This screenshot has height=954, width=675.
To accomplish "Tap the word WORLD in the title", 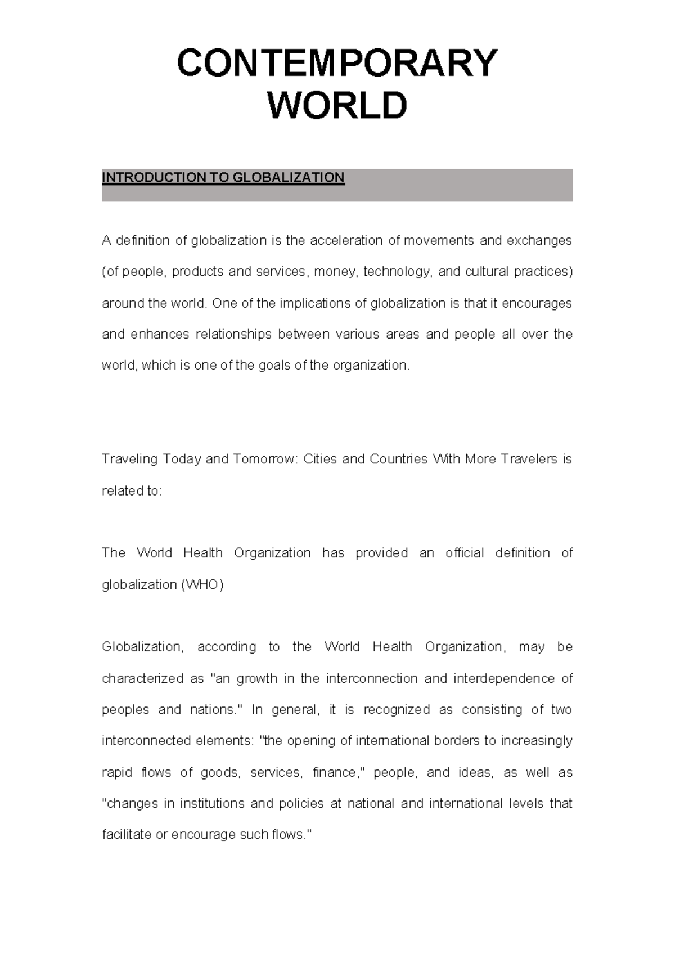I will click(x=337, y=106).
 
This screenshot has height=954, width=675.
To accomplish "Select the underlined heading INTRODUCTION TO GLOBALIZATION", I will click(x=223, y=178).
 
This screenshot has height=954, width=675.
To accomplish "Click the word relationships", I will click(x=233, y=335).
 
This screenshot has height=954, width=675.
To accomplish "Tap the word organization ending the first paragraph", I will click(x=371, y=366).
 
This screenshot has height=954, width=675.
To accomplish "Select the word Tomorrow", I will click(x=264, y=460).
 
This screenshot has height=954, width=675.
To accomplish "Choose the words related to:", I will click(x=132, y=491).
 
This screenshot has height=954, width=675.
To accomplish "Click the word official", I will click(x=465, y=553).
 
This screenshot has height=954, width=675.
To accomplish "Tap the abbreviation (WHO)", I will click(x=202, y=585).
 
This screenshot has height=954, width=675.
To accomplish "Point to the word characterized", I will click(x=142, y=679).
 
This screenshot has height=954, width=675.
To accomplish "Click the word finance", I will click(x=336, y=773).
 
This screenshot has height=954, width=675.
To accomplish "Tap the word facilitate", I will click(x=127, y=835).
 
